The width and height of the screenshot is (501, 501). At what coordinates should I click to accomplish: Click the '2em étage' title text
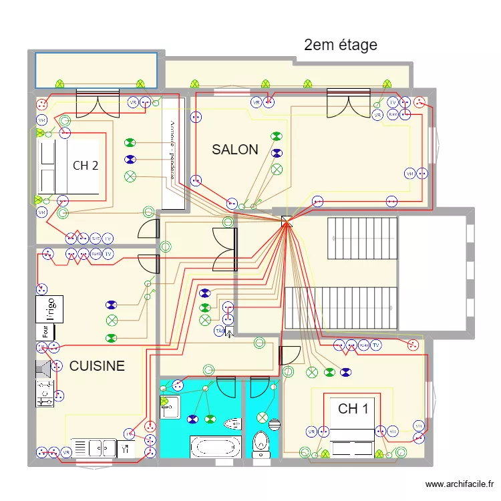(x=340, y=45)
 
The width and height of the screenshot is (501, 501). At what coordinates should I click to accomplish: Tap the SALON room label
(x=234, y=150)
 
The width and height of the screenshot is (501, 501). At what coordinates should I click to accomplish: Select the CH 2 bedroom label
(x=86, y=166)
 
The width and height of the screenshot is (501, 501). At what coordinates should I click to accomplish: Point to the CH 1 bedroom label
(x=353, y=409)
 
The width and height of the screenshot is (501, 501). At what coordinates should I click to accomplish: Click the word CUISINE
(x=97, y=366)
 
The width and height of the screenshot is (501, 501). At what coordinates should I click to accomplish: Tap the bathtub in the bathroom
(x=215, y=446)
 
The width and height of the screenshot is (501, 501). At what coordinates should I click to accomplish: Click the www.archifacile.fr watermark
(x=460, y=484)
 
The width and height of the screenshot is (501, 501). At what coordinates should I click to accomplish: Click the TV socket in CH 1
(x=377, y=345)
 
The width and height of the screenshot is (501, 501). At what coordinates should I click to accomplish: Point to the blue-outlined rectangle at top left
(x=96, y=69)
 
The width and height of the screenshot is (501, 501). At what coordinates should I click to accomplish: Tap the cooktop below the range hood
(x=45, y=394)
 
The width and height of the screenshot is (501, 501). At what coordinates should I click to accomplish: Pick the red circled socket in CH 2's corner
(x=43, y=104)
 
